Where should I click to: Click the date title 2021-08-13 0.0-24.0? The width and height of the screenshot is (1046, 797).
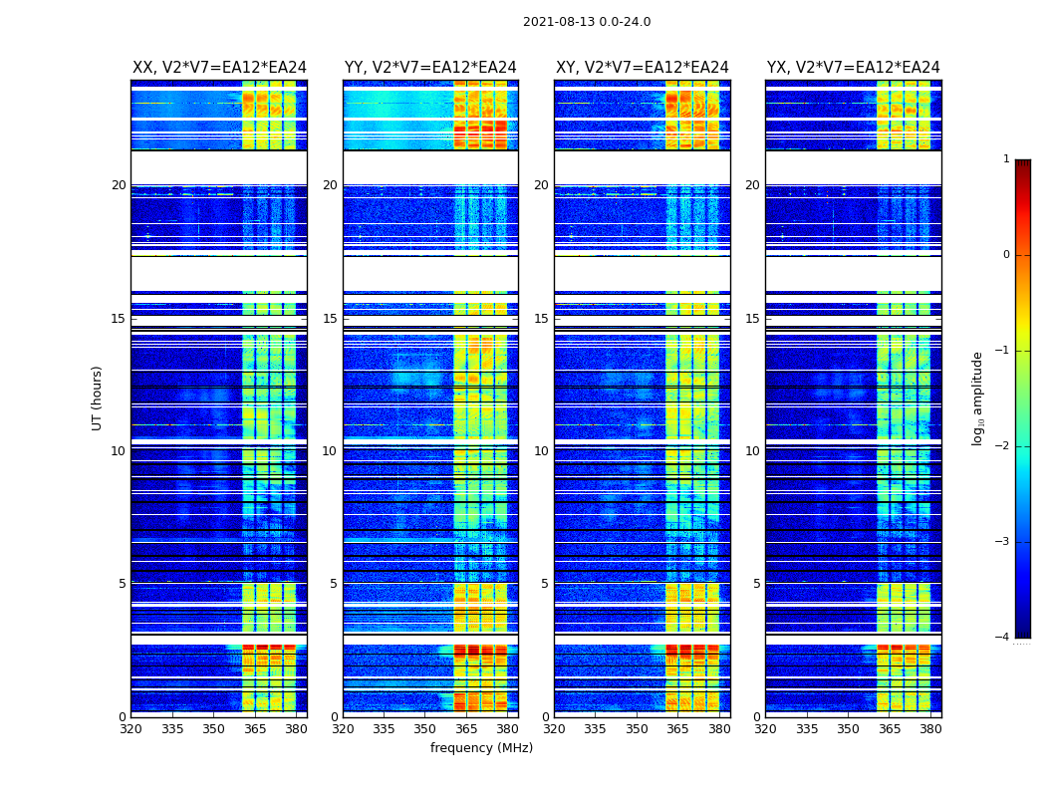point(587,22)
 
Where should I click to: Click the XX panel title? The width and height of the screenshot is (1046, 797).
point(219,68)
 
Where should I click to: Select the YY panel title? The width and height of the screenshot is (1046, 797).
point(430,68)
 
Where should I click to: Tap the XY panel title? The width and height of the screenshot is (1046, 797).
point(642,68)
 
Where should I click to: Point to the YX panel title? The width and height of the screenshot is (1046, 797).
point(853,68)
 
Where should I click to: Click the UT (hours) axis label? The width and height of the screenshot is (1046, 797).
point(98,398)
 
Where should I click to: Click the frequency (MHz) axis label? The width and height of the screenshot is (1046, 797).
point(481,748)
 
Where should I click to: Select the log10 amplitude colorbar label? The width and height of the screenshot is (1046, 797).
point(978,398)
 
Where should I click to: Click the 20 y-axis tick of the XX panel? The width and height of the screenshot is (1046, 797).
point(119,185)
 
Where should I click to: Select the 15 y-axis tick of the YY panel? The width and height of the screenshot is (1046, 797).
point(330,319)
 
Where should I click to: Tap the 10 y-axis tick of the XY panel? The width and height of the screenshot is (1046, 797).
point(541,451)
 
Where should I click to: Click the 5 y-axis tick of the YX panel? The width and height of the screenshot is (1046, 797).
point(756,584)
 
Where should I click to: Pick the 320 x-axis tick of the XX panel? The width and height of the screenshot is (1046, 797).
point(131,728)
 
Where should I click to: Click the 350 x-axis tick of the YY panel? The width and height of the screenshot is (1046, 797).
point(425,728)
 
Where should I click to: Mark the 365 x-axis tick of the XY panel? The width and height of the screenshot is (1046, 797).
point(677,728)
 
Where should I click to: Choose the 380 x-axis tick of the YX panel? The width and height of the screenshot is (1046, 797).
point(930,728)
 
